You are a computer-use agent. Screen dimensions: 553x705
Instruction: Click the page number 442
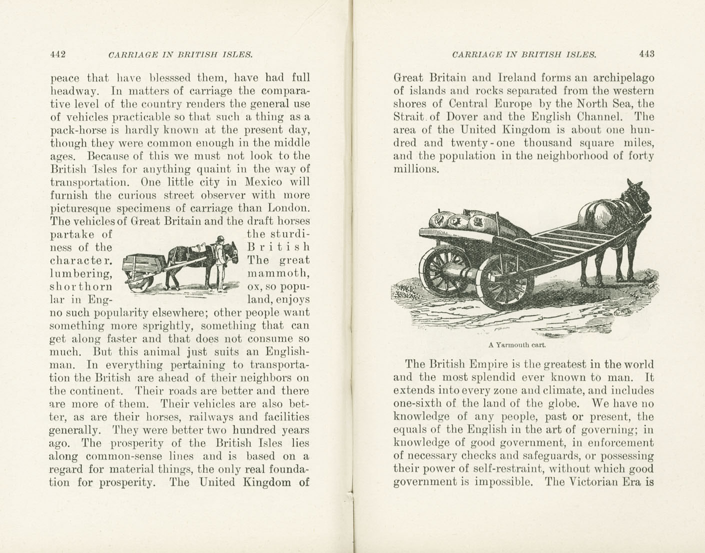click(58, 55)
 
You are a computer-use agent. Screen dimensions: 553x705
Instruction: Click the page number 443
click(646, 54)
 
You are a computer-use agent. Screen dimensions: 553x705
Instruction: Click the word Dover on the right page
click(453, 117)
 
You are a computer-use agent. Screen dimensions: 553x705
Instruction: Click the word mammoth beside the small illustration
click(278, 273)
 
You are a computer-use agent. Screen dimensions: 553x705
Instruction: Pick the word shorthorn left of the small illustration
click(81, 286)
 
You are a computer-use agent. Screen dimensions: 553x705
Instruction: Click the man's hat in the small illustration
click(218, 239)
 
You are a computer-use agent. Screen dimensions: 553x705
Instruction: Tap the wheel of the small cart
click(140, 282)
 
